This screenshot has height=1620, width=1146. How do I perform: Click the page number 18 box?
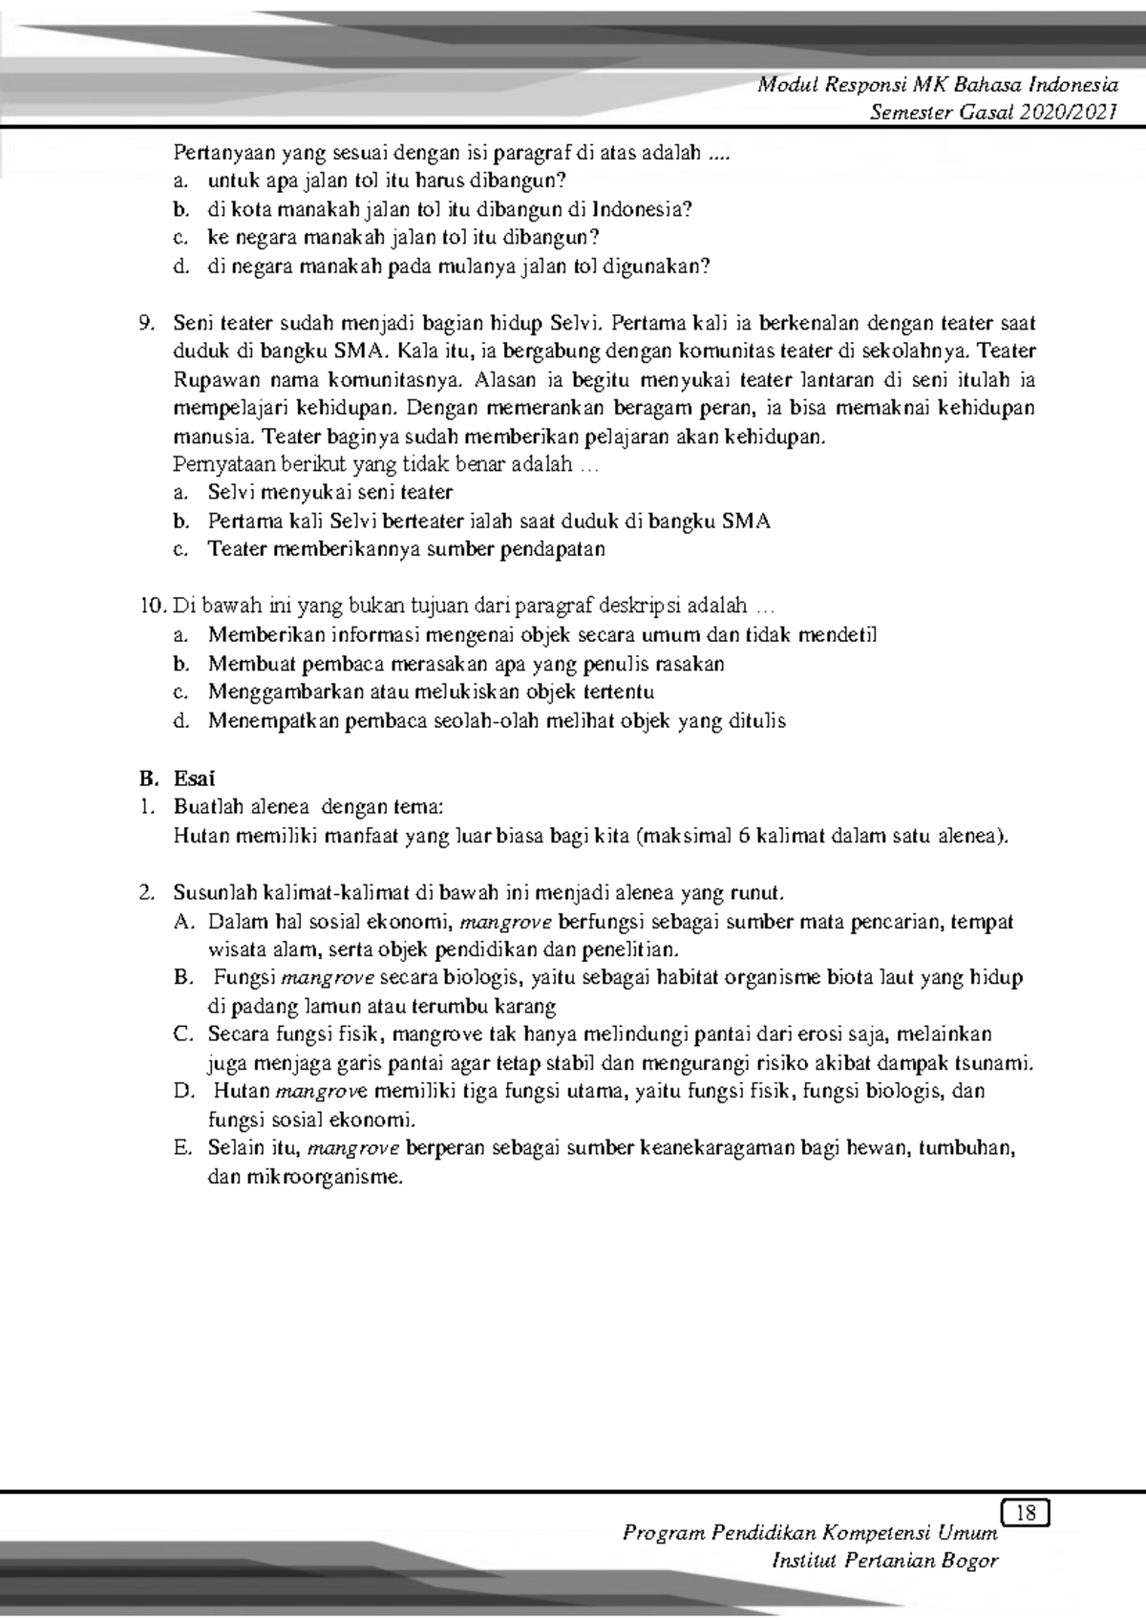1027,1512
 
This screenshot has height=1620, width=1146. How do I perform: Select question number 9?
145,323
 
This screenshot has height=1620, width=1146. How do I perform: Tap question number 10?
151,606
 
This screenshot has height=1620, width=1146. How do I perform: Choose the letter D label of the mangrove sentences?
183,1092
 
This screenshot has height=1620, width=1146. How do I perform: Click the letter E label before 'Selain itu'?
183,1148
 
